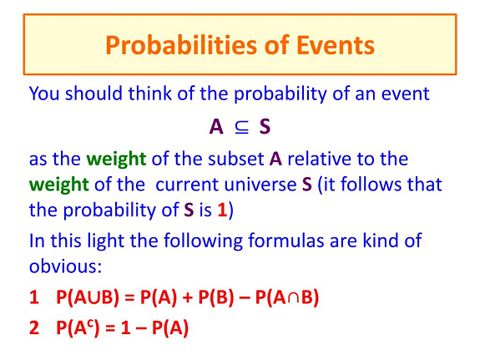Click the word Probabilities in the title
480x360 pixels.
point(182,46)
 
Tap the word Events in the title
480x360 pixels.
point(336,45)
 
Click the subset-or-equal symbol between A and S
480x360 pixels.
point(241,127)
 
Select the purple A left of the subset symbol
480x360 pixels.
point(216,126)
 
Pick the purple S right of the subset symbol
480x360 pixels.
point(265,126)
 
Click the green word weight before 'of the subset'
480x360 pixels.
point(116,160)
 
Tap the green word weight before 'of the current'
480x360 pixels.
point(58,185)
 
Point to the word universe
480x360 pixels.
point(260,185)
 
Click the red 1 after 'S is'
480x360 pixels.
point(222,210)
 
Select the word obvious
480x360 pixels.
point(65,266)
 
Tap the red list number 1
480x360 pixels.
point(34,297)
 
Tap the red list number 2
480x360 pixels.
point(34,327)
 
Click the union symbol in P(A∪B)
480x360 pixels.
point(94,297)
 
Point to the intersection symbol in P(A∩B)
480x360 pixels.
point(293,297)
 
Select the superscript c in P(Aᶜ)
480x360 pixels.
point(91,323)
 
